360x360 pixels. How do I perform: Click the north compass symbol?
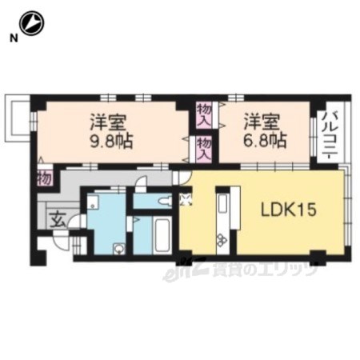(x=32, y=23)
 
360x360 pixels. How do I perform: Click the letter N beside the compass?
(x=14, y=38)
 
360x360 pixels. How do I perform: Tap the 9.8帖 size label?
(x=112, y=141)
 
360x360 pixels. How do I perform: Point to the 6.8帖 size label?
(x=265, y=141)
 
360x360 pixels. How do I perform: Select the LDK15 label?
(x=289, y=210)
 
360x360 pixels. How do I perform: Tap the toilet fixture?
(x=166, y=201)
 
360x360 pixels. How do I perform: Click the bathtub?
(x=162, y=234)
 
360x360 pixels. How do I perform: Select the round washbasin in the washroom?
(x=118, y=249)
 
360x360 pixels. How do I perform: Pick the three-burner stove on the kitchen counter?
(x=222, y=240)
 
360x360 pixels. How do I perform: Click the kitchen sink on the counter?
(x=222, y=204)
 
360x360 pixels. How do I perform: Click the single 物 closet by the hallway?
(x=44, y=178)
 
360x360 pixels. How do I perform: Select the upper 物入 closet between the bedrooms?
(x=204, y=114)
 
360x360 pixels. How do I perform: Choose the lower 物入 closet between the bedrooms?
(x=204, y=148)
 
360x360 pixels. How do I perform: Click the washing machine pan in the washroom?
(x=93, y=202)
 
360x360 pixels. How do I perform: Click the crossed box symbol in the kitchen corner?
(x=186, y=199)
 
